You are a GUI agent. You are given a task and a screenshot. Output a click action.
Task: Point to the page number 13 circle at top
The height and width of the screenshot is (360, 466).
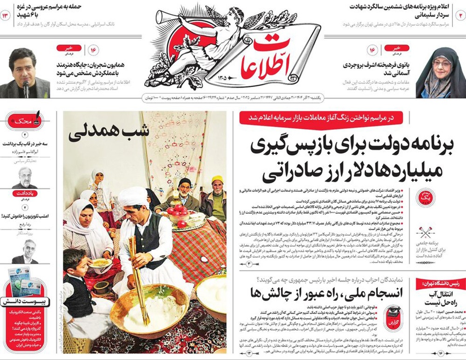(6, 15)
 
